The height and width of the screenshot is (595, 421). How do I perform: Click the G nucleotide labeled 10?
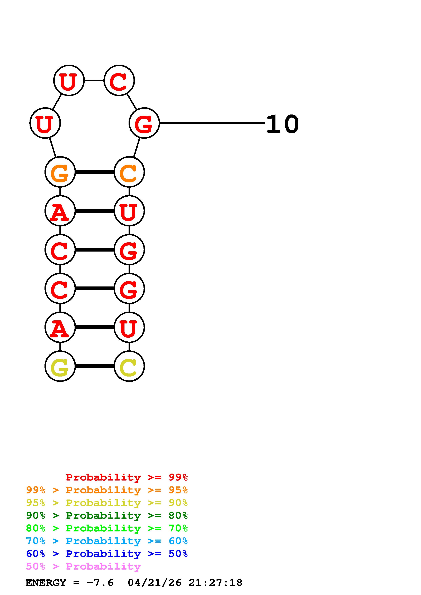(x=144, y=123)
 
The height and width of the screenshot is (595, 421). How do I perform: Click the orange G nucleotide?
(x=60, y=172)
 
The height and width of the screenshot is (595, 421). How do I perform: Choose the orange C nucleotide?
(x=129, y=172)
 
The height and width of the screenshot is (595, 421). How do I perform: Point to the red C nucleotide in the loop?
(x=119, y=81)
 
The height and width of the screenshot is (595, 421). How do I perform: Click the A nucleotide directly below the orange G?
(x=60, y=211)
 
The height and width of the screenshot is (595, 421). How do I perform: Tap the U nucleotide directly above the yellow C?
(x=129, y=327)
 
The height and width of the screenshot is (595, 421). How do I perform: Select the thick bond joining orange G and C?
(x=94, y=172)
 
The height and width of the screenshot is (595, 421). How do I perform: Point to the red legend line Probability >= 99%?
(x=127, y=477)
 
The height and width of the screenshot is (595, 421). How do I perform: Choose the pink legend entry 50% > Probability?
(x=83, y=567)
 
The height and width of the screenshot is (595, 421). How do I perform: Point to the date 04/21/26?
(x=155, y=583)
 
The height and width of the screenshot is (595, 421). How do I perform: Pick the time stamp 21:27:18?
(x=215, y=583)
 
